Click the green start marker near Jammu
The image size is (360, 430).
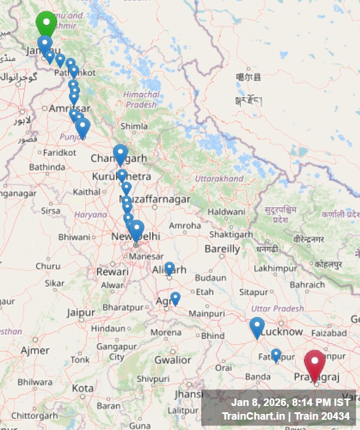(x=46, y=23)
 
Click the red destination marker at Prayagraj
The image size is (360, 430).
(x=315, y=362)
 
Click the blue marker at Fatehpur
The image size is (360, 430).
(x=276, y=355)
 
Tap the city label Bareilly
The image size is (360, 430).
(x=222, y=249)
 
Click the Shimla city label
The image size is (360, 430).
(x=134, y=126)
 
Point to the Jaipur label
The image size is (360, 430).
(x=80, y=312)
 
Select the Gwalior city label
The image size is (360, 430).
(x=173, y=360)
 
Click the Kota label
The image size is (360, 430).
(x=83, y=388)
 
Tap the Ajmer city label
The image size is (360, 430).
(x=35, y=350)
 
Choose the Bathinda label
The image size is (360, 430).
(x=47, y=167)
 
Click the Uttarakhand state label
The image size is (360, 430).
(x=219, y=179)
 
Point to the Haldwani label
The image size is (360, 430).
(x=226, y=212)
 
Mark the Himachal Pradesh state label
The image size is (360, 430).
(x=141, y=100)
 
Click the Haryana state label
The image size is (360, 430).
(x=91, y=214)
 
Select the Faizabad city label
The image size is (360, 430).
(x=329, y=333)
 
